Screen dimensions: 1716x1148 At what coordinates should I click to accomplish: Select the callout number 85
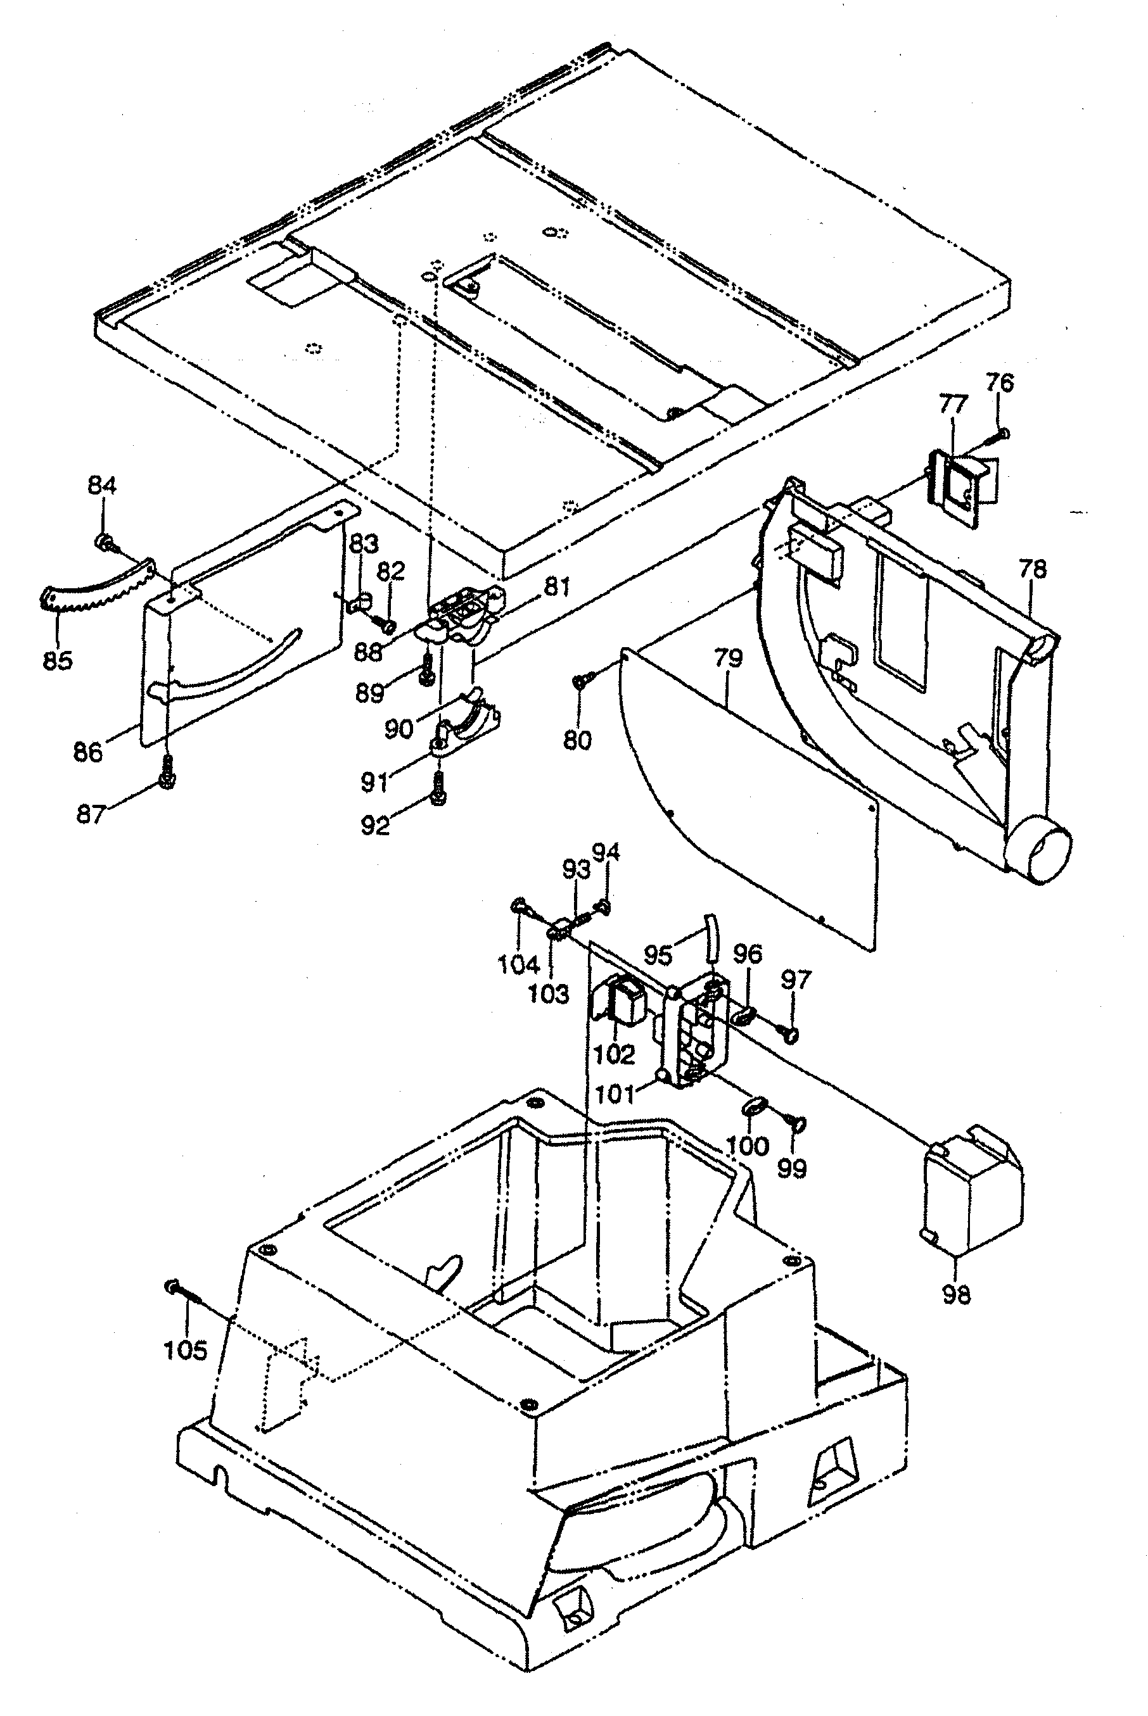(x=58, y=661)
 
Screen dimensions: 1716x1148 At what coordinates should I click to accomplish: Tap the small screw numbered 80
(x=579, y=682)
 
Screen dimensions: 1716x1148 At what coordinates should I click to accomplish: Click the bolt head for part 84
(x=104, y=542)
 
